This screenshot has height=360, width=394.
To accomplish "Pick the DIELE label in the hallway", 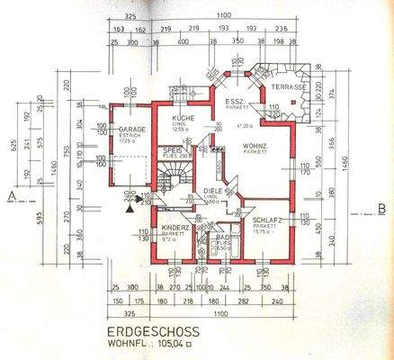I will click(212, 191).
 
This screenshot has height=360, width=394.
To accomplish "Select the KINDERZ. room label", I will click(175, 229).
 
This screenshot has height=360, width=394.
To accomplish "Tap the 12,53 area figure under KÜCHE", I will click(180, 129).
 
